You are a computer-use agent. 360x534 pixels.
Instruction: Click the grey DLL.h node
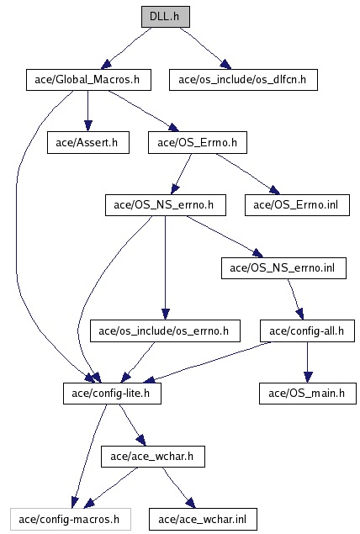click(166, 16)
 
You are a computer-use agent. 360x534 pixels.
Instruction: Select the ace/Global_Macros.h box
click(88, 80)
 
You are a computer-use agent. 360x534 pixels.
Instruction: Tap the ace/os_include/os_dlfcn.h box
click(243, 80)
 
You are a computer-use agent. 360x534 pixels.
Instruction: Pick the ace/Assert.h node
click(87, 142)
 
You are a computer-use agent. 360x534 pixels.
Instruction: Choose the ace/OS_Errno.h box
click(198, 142)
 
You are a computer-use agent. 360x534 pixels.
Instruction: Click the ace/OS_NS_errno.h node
click(166, 205)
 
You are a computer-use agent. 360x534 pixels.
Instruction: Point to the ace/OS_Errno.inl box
click(297, 205)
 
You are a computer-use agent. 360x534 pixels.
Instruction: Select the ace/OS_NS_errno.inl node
click(283, 268)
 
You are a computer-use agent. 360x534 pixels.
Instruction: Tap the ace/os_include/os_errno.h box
click(165, 330)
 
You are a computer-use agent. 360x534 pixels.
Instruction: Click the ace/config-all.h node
click(307, 330)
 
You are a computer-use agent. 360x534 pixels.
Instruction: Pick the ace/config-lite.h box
click(112, 394)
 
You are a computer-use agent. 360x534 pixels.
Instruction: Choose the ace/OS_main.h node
click(308, 394)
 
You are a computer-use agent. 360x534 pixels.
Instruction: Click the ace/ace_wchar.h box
click(153, 457)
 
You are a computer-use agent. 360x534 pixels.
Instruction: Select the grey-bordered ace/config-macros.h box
click(71, 520)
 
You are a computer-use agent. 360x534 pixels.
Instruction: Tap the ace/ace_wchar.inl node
click(203, 520)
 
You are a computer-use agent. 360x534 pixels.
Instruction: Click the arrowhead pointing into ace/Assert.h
click(87, 126)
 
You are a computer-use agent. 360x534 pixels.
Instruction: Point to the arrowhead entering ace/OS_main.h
click(308, 377)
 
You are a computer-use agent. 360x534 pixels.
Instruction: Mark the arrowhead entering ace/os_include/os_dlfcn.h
click(225, 65)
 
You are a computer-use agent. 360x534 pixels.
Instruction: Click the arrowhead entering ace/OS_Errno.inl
click(274, 190)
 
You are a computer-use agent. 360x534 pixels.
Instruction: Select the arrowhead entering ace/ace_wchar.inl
click(191, 503)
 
